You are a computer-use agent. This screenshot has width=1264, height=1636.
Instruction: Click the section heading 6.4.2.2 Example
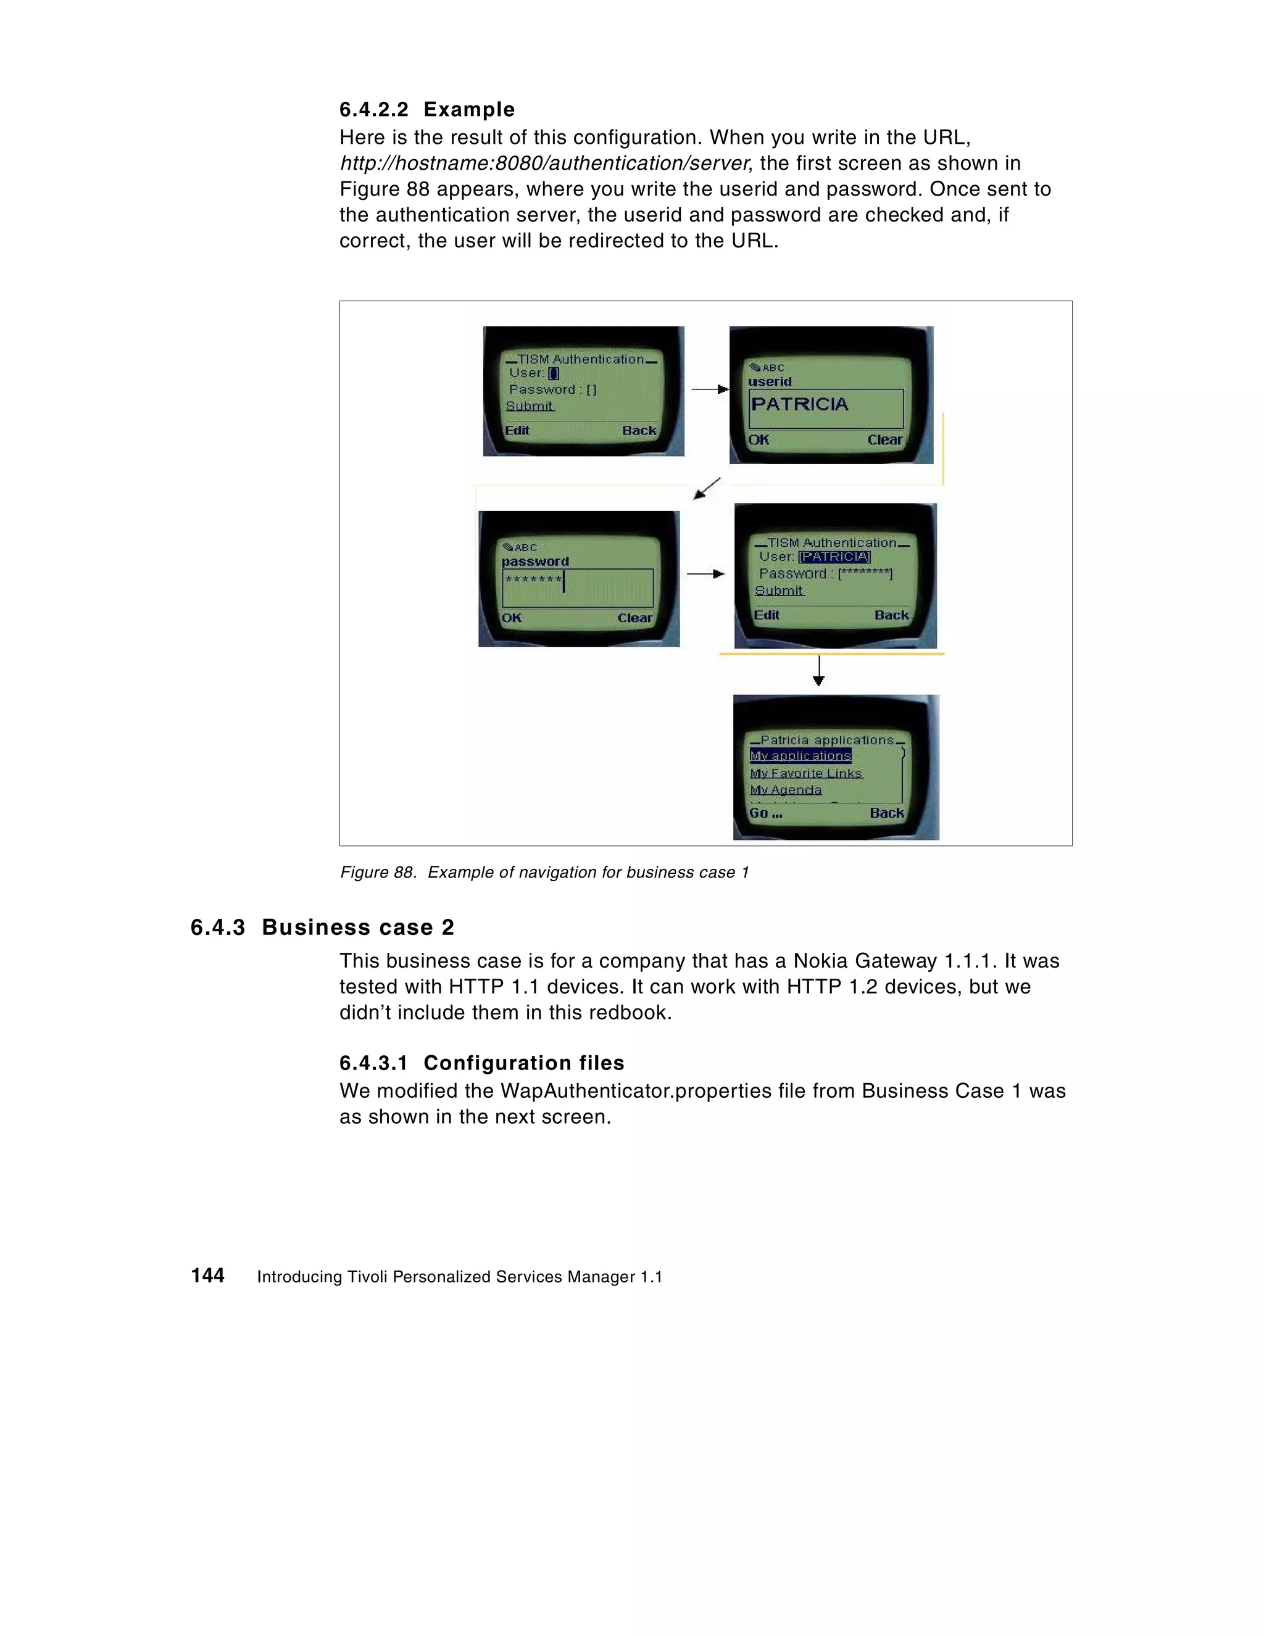tap(426, 109)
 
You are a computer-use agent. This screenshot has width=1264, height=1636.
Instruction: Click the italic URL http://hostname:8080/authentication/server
tap(544, 164)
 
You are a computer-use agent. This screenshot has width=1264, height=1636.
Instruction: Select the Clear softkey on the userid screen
tap(884, 440)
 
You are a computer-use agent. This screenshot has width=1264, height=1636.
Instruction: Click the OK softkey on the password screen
tap(511, 618)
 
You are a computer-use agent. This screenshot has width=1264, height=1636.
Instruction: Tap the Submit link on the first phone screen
tap(529, 406)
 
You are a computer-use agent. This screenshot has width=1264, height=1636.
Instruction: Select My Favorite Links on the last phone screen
tap(805, 773)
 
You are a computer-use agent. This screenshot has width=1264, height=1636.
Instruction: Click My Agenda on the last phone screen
tap(785, 791)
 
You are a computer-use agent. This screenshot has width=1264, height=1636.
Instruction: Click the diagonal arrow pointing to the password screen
tap(707, 488)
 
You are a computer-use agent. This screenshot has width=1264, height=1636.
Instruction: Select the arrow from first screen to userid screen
tap(708, 389)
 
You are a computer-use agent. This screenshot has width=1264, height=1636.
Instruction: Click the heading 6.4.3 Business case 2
tap(322, 928)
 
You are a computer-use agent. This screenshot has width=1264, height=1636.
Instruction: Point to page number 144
tap(207, 1276)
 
